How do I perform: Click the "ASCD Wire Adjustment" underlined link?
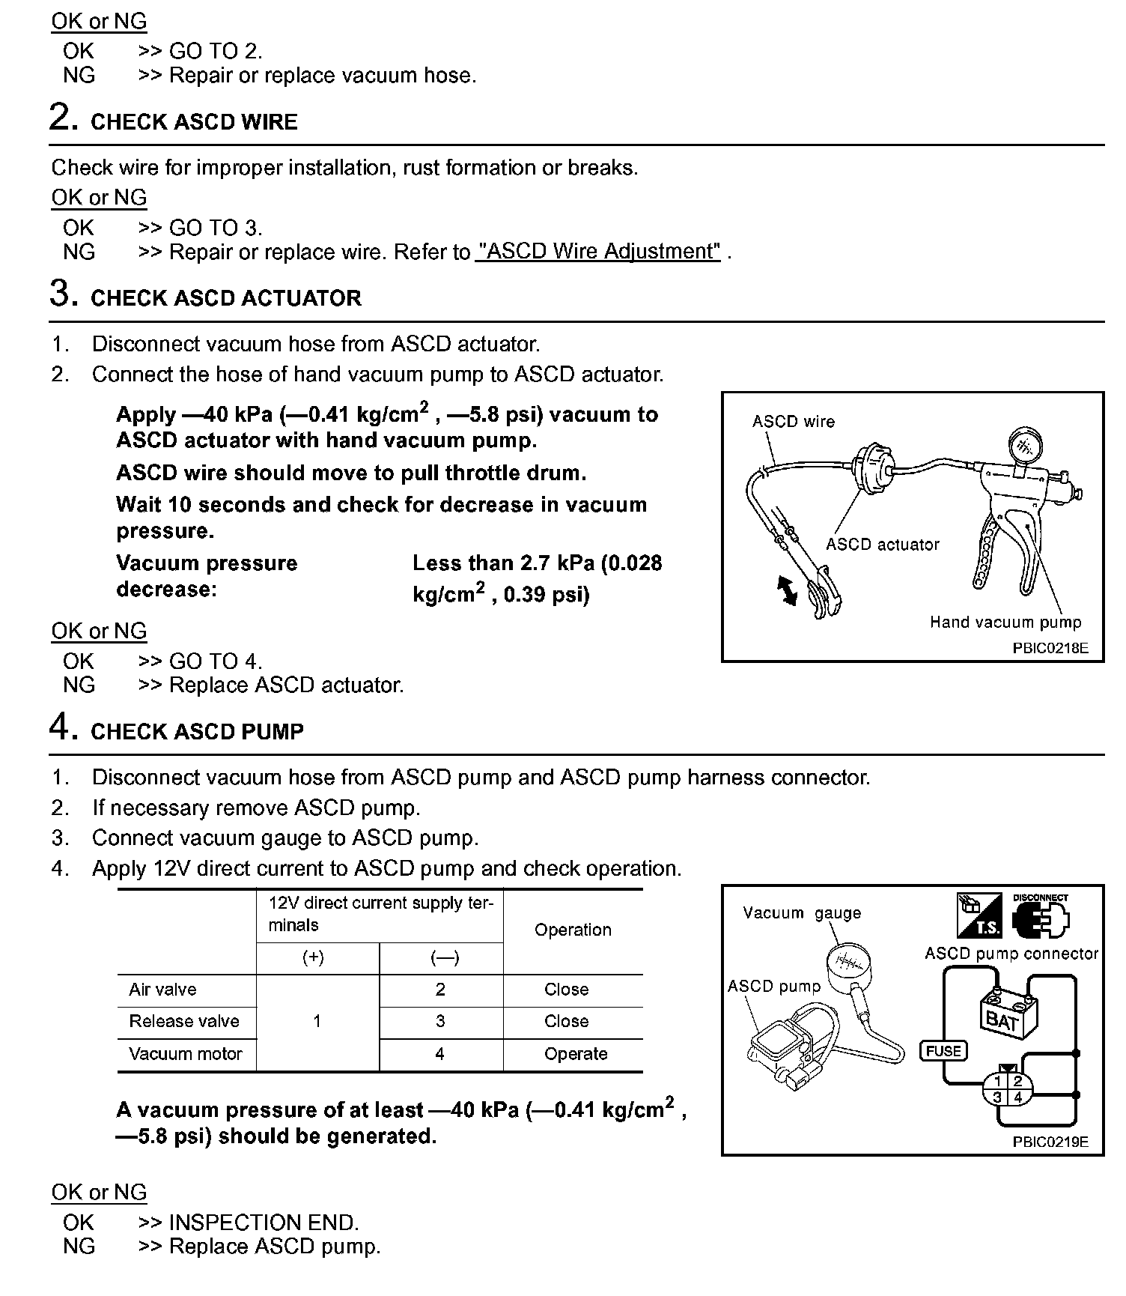(x=597, y=252)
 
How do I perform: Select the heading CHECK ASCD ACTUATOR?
(x=225, y=298)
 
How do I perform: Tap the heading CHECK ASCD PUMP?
(x=197, y=732)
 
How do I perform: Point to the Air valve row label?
(x=162, y=990)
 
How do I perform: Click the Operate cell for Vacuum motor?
(x=575, y=1054)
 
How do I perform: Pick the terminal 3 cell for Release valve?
(x=440, y=1021)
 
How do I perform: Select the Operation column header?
(x=573, y=930)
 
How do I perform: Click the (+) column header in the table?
(x=313, y=957)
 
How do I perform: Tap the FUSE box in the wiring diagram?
(x=943, y=1051)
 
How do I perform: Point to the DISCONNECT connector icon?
(x=1040, y=915)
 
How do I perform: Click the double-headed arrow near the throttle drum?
(x=788, y=590)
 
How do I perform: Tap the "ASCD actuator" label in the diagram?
(x=882, y=545)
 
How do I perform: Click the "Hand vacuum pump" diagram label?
(x=1005, y=622)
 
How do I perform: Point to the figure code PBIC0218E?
(x=1050, y=648)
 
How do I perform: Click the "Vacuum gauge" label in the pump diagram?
(x=801, y=913)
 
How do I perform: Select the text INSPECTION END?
(x=264, y=1223)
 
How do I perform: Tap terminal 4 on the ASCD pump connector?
(x=1017, y=1097)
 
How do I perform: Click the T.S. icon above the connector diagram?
(x=979, y=915)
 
